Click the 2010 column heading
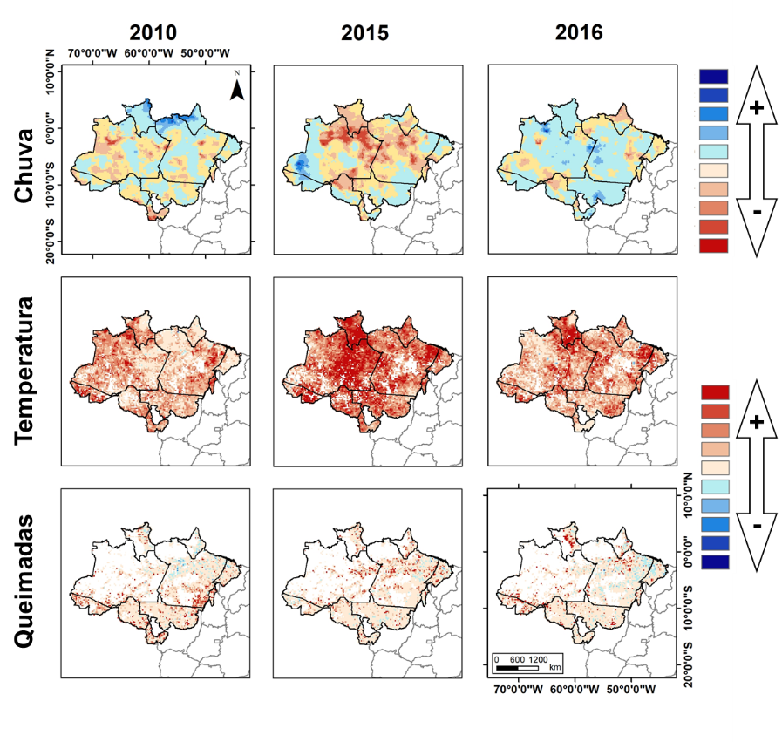tap(153, 33)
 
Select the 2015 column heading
tap(364, 33)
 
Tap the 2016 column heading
tap(579, 33)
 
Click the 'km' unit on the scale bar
tap(555, 668)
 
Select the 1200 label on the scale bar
tap(538, 659)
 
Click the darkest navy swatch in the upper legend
tap(714, 76)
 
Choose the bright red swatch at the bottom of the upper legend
tap(714, 245)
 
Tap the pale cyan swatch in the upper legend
tap(714, 152)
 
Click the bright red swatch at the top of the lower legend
tap(714, 391)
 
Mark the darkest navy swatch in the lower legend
tap(714, 561)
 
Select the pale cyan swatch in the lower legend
tap(714, 486)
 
